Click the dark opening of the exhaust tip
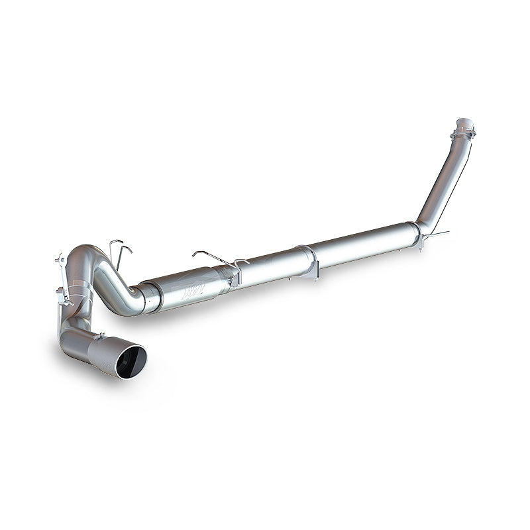(130, 362)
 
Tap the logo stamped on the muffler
(194, 290)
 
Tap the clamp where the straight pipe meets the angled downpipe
(416, 232)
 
